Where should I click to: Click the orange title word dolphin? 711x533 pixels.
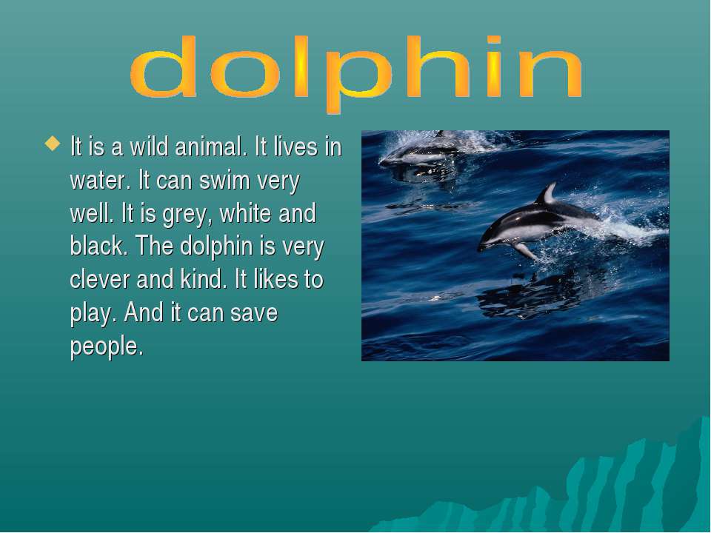(356, 73)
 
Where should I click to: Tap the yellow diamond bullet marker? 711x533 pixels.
(53, 144)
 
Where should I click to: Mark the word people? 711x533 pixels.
(107, 346)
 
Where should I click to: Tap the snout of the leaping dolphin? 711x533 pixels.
(481, 246)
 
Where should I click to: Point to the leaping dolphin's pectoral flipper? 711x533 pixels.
(526, 252)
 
